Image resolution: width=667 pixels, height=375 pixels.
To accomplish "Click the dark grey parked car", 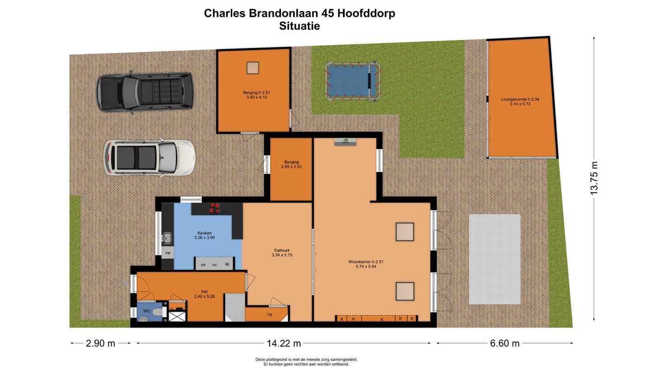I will pos(145,91).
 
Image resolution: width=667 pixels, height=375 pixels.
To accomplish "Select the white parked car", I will pos(148,157).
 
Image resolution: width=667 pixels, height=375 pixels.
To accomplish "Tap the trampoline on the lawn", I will pos(352,81).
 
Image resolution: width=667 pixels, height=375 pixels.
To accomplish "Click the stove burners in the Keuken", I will pos(214,209).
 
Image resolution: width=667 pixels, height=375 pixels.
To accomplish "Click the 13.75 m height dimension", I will pos(594,178).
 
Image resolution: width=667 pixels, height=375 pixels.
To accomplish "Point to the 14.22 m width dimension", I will pos(284,343).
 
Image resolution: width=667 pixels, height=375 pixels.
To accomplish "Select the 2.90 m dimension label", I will pos(101,343).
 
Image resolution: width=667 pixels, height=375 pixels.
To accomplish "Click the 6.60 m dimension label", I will pos(504,343).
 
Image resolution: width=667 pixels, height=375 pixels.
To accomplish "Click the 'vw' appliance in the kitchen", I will pos(167,253).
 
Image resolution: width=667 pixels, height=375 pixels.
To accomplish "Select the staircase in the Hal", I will pos(234,307).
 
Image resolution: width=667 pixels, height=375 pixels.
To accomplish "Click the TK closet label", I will pos(270,315).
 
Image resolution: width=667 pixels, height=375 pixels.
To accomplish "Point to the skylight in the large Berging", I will pos(253,68).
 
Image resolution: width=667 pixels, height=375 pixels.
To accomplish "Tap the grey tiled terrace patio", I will pos(495,259).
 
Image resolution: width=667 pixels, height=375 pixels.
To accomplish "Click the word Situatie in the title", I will pos(299,26).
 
